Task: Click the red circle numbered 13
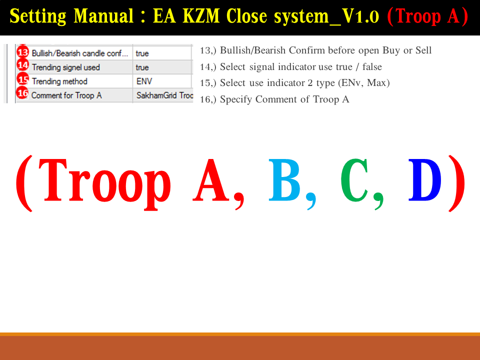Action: point(22,52)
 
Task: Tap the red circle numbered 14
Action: point(22,65)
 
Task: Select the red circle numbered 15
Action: point(22,79)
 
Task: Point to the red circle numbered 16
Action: point(22,93)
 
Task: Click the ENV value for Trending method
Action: point(144,81)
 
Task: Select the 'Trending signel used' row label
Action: point(66,67)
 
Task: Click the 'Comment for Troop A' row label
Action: point(66,95)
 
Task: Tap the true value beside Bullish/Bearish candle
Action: point(142,53)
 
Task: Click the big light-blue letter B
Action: point(284,180)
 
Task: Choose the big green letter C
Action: point(354,180)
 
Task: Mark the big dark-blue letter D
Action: point(425,180)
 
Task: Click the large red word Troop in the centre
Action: point(104,184)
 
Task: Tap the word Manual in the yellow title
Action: point(104,16)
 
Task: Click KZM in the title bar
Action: point(201,16)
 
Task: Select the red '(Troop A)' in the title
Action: point(427,16)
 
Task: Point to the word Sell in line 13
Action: point(423,50)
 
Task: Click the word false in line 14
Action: point(372,66)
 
